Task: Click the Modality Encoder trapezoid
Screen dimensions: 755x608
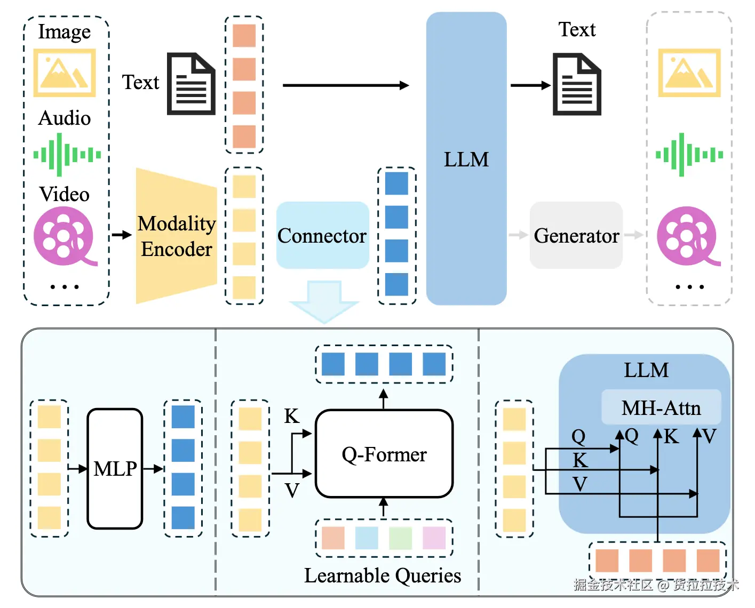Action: (x=177, y=236)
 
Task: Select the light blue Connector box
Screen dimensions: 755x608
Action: (x=322, y=235)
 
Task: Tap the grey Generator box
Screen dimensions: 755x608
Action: (x=576, y=235)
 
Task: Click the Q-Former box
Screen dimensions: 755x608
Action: (x=384, y=454)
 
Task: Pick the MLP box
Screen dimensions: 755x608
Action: (x=115, y=468)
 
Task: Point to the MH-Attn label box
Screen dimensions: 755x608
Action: (x=661, y=407)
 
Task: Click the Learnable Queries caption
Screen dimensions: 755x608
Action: (x=383, y=576)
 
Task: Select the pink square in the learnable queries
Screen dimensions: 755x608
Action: (x=434, y=538)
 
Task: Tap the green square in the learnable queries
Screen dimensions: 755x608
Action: (x=400, y=538)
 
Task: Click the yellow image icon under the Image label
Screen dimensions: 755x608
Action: (x=65, y=73)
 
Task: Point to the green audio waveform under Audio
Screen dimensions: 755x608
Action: (x=67, y=155)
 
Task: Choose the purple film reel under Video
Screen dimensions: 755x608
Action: (x=65, y=236)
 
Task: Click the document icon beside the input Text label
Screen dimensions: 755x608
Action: (x=191, y=84)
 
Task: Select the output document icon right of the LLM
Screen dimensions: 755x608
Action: (x=577, y=84)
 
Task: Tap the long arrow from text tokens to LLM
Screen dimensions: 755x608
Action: (x=346, y=85)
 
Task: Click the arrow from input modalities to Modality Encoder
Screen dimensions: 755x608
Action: (x=122, y=235)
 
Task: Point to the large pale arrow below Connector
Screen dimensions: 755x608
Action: (x=324, y=301)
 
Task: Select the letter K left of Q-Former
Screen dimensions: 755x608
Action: (x=291, y=416)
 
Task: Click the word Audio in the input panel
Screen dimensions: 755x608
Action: (x=65, y=118)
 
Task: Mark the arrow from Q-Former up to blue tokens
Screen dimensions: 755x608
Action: (x=384, y=399)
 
